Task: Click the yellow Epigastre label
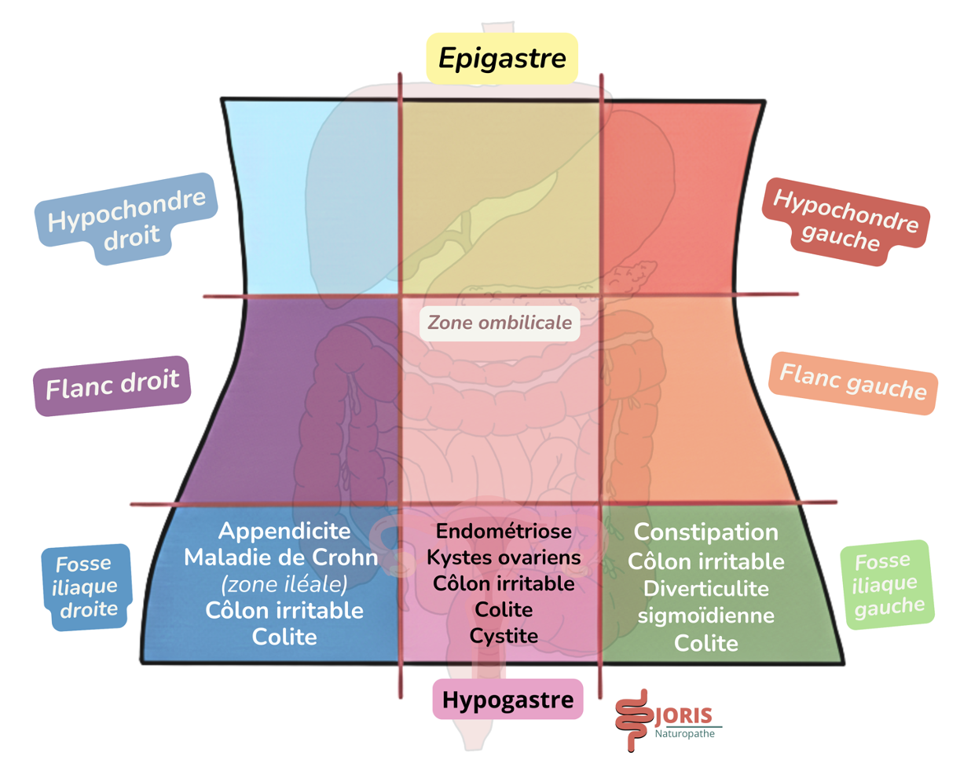click(502, 58)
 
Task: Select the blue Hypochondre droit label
click(126, 219)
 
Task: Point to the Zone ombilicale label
click(500, 323)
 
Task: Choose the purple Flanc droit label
click(112, 385)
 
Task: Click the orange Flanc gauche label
click(852, 382)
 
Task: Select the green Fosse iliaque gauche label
click(886, 584)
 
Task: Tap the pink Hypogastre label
click(507, 700)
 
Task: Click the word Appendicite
click(284, 531)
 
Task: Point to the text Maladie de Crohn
click(281, 557)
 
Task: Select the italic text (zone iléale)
click(284, 584)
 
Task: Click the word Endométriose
click(504, 532)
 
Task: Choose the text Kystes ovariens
click(504, 557)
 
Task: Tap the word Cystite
click(504, 636)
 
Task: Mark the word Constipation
click(705, 532)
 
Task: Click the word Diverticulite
click(705, 589)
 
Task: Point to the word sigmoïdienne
click(705, 616)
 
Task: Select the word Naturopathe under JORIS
click(685, 734)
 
